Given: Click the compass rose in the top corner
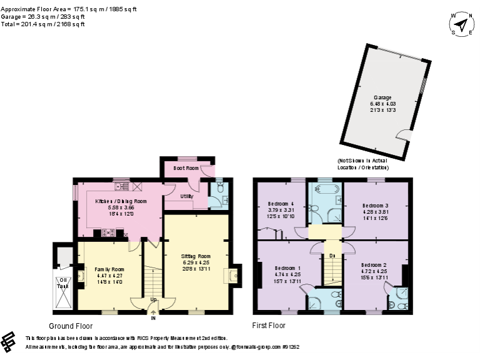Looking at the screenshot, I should (461, 25).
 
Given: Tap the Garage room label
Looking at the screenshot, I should (382, 97).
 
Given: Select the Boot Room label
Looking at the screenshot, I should (186, 168).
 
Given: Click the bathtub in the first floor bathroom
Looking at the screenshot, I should (324, 189).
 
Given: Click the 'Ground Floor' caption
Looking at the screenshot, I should (71, 326).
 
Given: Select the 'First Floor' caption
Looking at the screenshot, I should (269, 326).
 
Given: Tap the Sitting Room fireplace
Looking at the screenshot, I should (234, 276).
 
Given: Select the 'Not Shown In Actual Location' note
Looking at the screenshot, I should (364, 164).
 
